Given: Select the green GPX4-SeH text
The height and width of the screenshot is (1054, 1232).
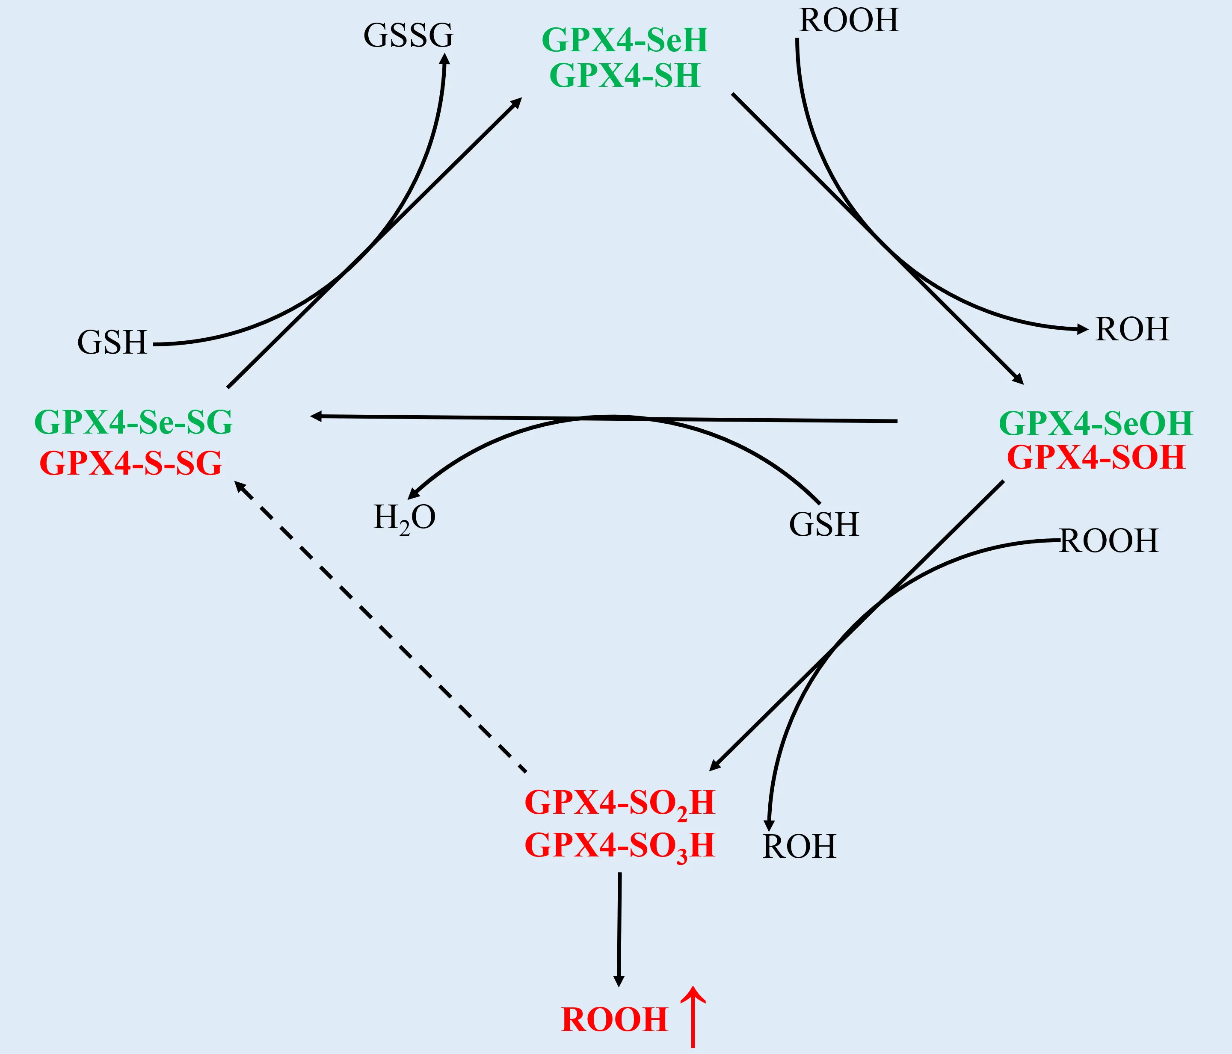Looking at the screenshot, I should point(625,41).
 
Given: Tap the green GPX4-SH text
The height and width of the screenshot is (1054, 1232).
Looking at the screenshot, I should point(625,76).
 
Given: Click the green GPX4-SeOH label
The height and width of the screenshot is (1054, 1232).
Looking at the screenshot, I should point(1096,423).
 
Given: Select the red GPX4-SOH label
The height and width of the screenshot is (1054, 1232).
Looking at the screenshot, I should point(1096,458).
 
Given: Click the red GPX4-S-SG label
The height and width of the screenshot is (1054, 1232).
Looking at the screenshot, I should point(131,463).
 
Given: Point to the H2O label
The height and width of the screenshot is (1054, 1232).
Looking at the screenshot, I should point(404,518).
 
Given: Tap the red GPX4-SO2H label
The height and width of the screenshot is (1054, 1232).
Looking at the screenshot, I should point(619,803).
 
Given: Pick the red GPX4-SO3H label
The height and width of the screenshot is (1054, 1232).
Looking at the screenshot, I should point(619,845).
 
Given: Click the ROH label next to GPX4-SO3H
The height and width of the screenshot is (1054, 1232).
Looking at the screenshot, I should point(799,847).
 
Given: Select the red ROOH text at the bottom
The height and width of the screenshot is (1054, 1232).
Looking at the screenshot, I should point(614,1020).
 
